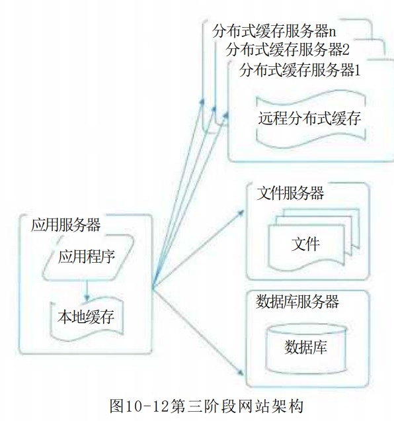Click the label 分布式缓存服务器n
274,31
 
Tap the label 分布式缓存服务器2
288,50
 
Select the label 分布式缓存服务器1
299,70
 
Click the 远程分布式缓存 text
309,118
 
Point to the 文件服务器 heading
290,193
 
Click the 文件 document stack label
305,244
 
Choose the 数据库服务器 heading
297,301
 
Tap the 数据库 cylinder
306,348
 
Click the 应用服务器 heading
65,224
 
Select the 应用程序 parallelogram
87,257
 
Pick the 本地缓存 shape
87,318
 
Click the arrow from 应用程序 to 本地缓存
87,290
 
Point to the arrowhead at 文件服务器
241,213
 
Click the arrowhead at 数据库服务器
241,371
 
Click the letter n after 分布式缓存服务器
332,32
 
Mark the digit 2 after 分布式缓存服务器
346,50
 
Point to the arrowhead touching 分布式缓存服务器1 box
226,116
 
